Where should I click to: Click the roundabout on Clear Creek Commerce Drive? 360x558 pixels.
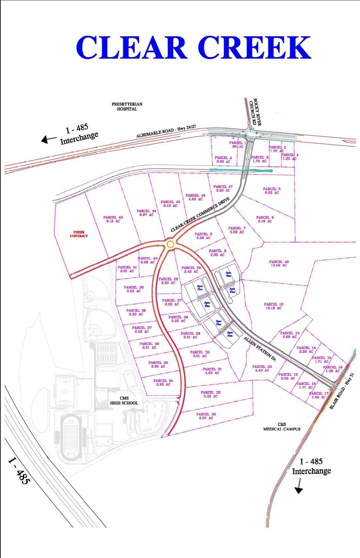(170, 244)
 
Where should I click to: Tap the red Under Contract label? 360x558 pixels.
(79, 234)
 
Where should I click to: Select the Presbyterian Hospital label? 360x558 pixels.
(127, 106)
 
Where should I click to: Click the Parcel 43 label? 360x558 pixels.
(113, 219)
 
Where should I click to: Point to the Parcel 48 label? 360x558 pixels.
(279, 264)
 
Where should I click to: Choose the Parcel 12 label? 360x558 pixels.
(274, 306)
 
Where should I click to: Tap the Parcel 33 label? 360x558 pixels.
(206, 416)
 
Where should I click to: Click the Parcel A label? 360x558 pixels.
(223, 159)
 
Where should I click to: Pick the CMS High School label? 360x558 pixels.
(124, 400)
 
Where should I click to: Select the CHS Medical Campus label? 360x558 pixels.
(282, 427)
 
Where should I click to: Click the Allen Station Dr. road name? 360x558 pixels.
(260, 349)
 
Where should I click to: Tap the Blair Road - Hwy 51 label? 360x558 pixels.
(341, 391)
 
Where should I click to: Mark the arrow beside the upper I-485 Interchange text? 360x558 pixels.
(49, 139)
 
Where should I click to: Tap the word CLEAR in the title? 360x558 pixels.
(131, 48)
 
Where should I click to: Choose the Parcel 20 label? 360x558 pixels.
(262, 368)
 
